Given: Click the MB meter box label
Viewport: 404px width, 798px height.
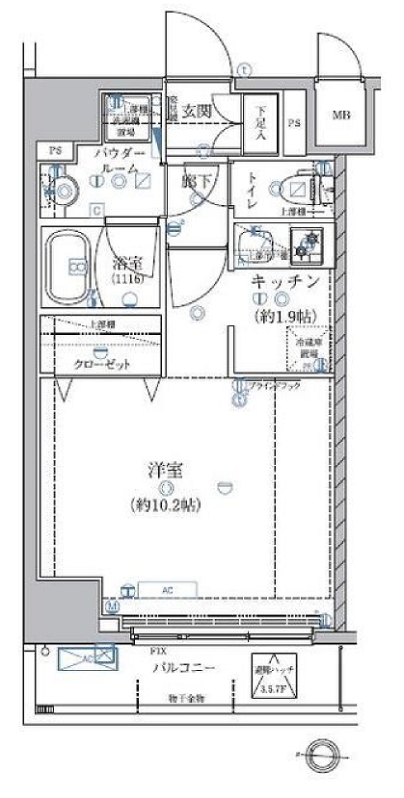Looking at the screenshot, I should click(341, 116).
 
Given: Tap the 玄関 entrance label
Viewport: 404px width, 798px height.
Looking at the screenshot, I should click(199, 111).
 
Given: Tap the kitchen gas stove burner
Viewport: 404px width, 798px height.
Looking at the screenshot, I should click(310, 244).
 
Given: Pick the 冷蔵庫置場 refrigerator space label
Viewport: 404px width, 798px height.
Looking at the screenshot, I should click(307, 348).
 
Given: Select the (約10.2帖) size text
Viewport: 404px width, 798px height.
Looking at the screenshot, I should click(166, 503).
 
